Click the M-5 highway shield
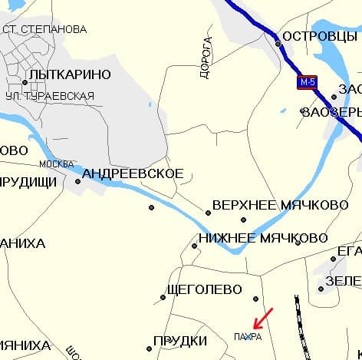point(308,82)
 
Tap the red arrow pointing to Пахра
point(262,317)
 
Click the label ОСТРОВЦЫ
point(317,36)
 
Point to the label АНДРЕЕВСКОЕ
point(133,173)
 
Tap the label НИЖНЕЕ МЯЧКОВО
point(263,238)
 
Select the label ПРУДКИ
point(181,340)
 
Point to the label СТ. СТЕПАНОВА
point(44,30)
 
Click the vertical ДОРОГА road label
point(206,58)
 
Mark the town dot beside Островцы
point(278,44)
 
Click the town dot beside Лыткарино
point(25,82)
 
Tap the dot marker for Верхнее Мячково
point(208,213)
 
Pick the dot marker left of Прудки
point(150,342)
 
